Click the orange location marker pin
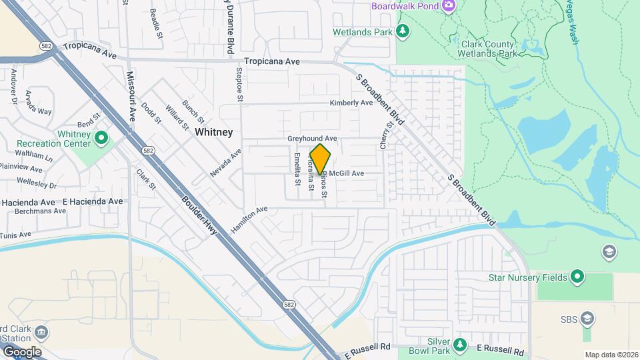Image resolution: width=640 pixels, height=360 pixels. click(321, 160)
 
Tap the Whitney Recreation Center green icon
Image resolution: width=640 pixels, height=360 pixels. click(101, 139)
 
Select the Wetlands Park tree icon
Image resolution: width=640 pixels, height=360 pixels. click(402, 31)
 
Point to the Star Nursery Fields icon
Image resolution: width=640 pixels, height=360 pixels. click(577, 277)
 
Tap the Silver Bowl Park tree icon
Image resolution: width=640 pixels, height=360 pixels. click(459, 345)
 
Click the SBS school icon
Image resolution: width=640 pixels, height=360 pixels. click(587, 318)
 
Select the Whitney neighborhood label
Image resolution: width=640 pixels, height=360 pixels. click(214, 133)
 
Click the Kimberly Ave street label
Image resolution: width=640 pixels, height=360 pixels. click(351, 103)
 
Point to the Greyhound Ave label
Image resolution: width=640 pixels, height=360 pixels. click(312, 138)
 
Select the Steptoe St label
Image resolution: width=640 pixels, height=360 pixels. click(238, 83)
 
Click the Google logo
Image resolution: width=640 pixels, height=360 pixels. click(22, 351)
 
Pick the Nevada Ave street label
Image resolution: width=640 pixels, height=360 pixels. click(225, 163)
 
